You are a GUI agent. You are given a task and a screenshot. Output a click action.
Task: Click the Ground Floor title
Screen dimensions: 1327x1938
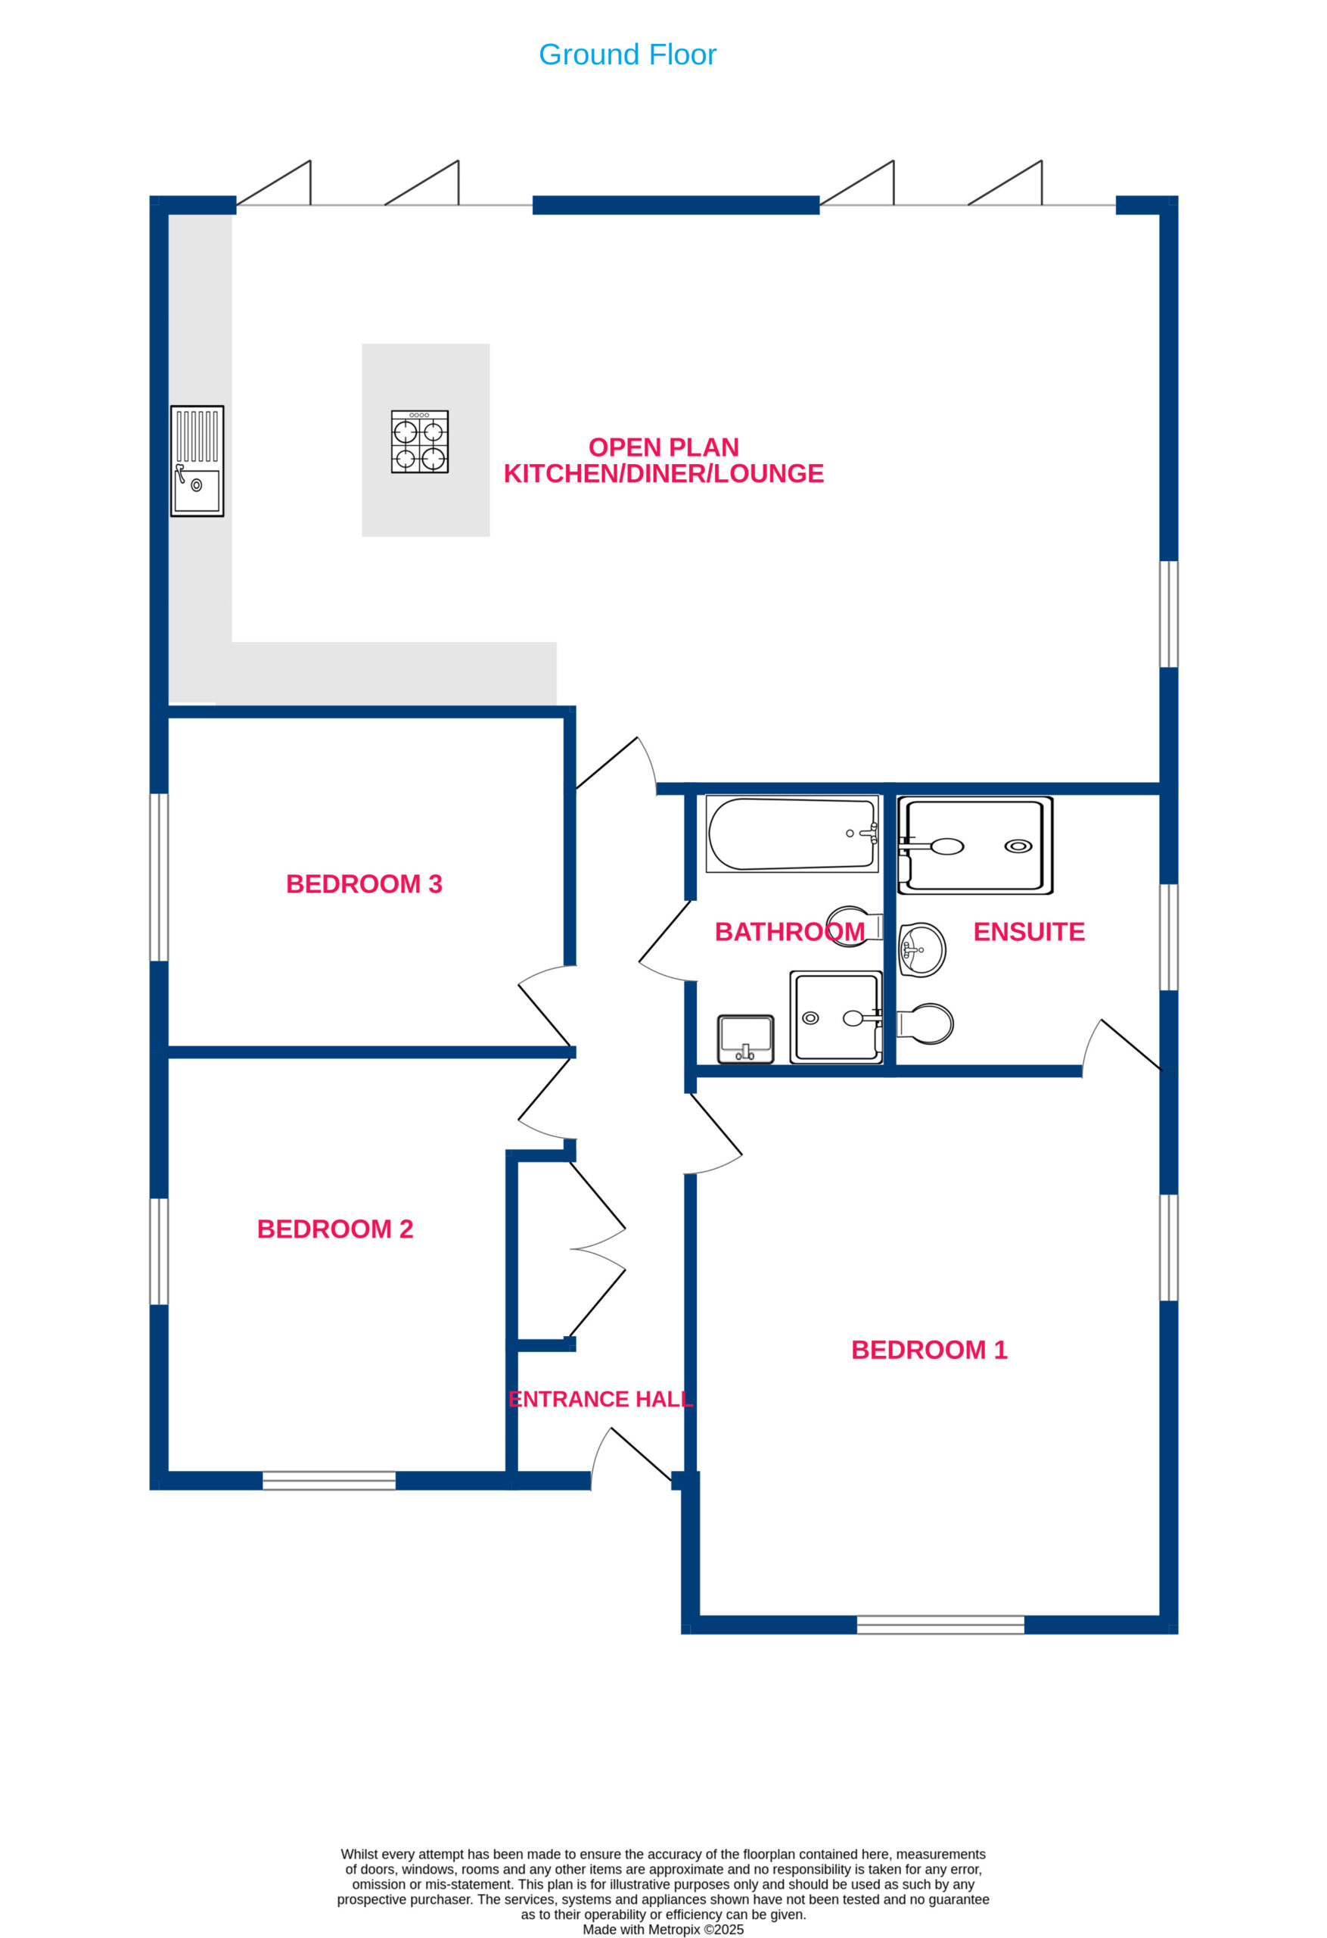627,55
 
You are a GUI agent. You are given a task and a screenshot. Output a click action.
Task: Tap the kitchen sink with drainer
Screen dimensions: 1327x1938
197,461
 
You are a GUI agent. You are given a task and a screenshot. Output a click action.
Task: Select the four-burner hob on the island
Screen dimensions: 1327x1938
420,441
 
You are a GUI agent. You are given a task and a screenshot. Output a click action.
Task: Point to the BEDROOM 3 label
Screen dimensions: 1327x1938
363,884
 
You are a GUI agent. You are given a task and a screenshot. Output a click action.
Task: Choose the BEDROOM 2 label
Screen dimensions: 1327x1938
335,1229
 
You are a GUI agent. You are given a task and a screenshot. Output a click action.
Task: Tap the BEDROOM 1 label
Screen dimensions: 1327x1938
928,1349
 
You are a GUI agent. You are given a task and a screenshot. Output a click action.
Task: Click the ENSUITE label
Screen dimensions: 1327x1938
1029,931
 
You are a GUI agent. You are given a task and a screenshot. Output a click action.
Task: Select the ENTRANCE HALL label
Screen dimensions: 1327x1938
600,1398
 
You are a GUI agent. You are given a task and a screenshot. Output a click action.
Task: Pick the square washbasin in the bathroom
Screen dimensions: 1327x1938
745,1039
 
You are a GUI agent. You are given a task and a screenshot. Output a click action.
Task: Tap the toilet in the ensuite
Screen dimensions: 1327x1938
925,1024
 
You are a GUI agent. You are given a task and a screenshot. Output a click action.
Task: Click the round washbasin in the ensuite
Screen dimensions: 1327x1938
922,949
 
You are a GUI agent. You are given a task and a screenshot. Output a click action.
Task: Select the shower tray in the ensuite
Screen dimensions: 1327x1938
974,846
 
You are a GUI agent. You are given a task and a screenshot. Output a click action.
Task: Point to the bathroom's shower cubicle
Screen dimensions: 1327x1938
836,1017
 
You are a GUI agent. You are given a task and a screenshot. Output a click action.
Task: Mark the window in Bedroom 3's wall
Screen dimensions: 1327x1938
158,877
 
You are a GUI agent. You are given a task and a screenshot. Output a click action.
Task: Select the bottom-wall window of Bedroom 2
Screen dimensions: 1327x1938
329,1479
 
